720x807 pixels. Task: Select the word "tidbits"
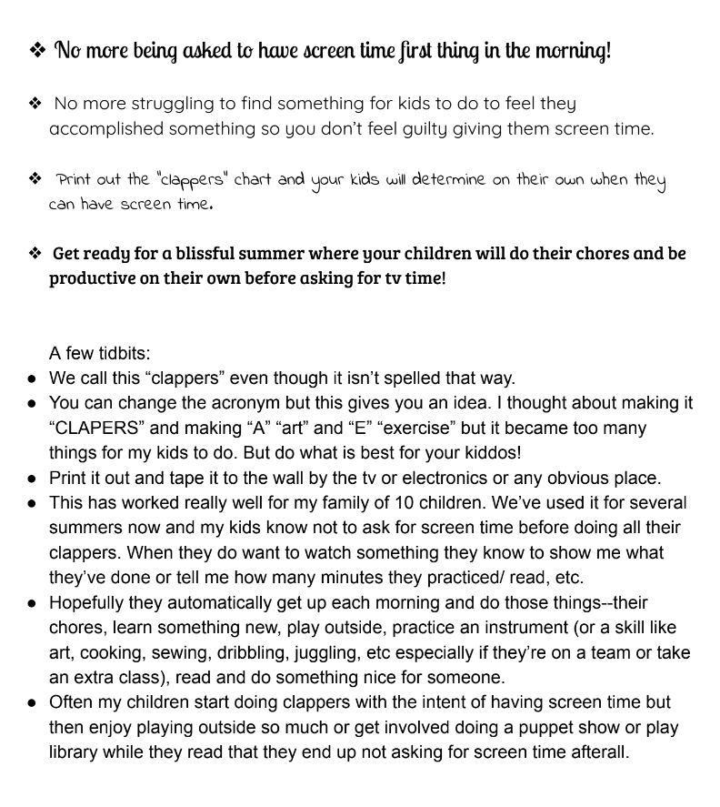click(120, 353)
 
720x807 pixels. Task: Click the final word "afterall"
click(595, 752)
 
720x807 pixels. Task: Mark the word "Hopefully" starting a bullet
click(90, 602)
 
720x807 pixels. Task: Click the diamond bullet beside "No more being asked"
click(36, 51)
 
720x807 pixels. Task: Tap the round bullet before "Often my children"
click(33, 703)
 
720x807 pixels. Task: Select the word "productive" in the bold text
click(91, 277)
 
